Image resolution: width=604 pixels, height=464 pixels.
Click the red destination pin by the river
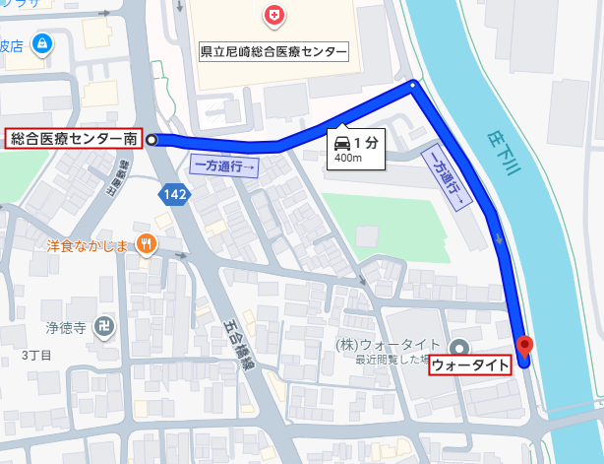(x=525, y=346)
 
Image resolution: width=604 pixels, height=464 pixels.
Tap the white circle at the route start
(x=151, y=140)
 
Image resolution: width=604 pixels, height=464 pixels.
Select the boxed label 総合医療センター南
(x=73, y=140)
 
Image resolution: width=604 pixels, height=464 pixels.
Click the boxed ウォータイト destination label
(x=471, y=365)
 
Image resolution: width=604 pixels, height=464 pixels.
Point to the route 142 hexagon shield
(x=175, y=195)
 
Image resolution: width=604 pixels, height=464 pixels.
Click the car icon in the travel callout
(x=342, y=142)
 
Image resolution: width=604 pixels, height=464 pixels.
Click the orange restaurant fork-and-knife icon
(x=147, y=243)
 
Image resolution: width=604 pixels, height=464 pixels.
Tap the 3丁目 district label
(x=37, y=354)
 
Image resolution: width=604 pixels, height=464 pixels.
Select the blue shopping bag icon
(x=41, y=44)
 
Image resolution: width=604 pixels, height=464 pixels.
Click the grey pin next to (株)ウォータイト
(x=459, y=346)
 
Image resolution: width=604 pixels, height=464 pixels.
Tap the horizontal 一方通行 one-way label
(x=225, y=166)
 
